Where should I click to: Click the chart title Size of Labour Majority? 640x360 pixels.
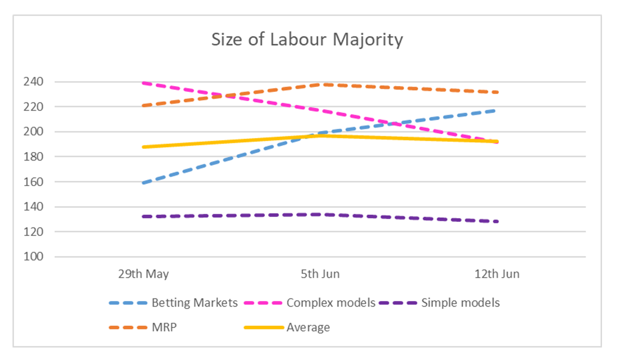click(306, 39)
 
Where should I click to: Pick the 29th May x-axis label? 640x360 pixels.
click(143, 274)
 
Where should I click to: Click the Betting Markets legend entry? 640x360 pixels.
click(194, 303)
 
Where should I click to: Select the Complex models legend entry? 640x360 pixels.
click(330, 303)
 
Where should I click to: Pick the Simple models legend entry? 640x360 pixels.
click(460, 303)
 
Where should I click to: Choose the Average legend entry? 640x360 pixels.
click(308, 328)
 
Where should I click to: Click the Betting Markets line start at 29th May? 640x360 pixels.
click(144, 183)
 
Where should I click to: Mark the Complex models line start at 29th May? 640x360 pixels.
click(144, 82)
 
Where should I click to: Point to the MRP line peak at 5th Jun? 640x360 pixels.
click(320, 84)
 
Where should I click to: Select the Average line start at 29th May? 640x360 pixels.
click(144, 147)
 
